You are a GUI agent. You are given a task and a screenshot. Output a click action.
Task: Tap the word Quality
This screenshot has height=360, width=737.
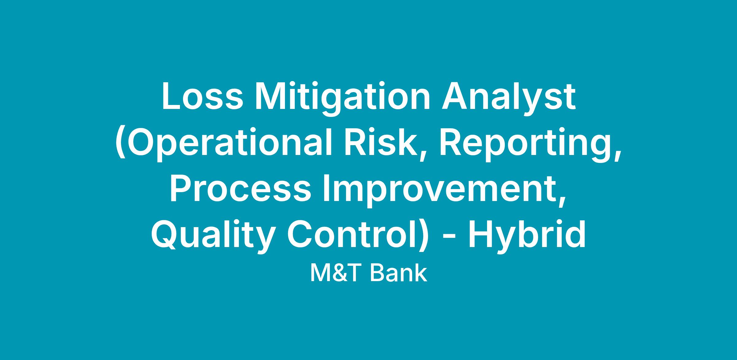(212, 235)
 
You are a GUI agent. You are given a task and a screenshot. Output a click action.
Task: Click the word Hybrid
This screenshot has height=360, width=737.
(527, 235)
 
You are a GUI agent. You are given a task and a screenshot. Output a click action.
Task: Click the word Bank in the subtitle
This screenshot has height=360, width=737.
(399, 273)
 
